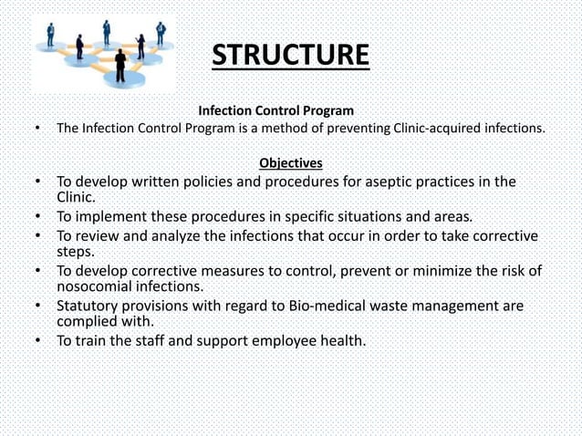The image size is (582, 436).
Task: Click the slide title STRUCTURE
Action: pos(290,54)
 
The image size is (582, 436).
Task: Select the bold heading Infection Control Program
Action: pos(276,111)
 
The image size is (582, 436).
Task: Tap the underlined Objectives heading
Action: pos(290,163)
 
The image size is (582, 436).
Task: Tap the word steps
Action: pos(76,253)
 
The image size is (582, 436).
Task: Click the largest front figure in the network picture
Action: pos(120,67)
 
